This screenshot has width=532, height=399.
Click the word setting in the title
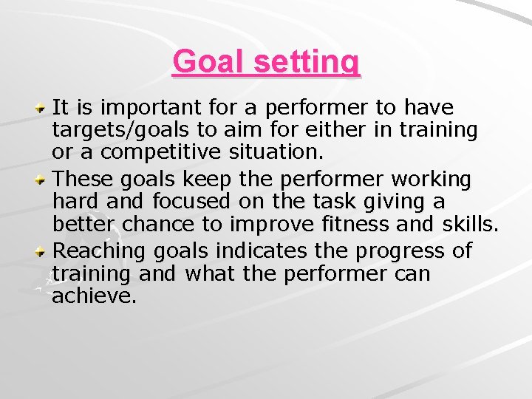point(307,63)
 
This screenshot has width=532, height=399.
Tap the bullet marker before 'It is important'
point(44,108)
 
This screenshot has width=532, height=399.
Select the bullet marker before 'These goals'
point(44,180)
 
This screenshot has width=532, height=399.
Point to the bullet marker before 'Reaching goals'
point(44,251)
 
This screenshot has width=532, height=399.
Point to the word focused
point(194,202)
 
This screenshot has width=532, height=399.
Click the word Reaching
point(100,251)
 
